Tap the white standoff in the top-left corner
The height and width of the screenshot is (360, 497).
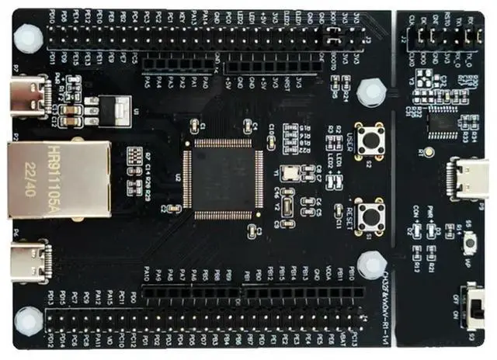pyautogui.click(x=30, y=35)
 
